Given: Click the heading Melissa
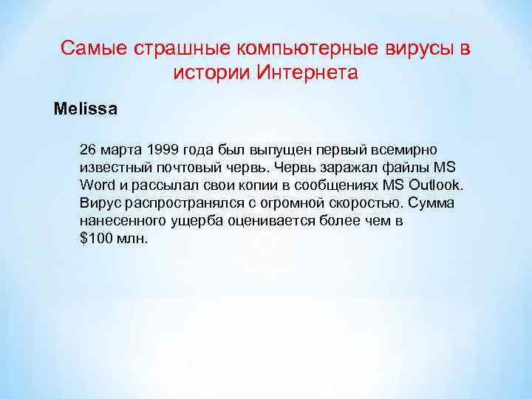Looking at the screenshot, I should pyautogui.click(x=85, y=109).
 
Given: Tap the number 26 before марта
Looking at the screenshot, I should pyautogui.click(x=88, y=149).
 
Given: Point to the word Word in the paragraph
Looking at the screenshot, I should pyautogui.click(x=95, y=184).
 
